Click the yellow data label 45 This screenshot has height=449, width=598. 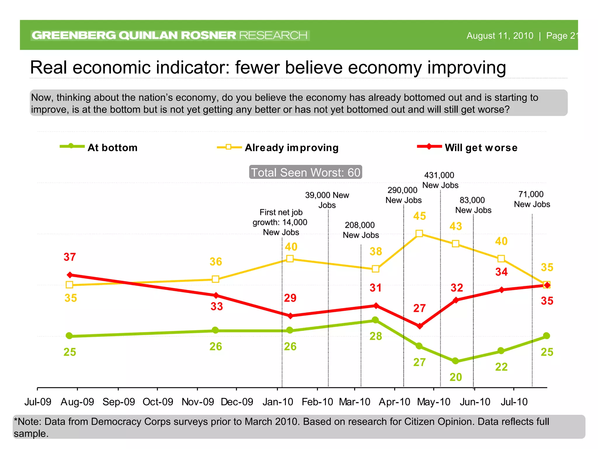click(419, 216)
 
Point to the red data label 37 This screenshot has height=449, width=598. click(69, 257)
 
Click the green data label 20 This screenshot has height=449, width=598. click(456, 377)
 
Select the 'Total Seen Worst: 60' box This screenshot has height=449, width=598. click(305, 172)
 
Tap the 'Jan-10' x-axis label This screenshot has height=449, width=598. click(278, 402)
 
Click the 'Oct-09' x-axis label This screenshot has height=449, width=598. click(158, 402)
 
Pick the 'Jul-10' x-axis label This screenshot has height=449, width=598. click(514, 402)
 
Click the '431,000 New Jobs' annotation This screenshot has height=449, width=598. click(440, 180)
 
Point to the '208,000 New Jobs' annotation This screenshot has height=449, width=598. click(361, 230)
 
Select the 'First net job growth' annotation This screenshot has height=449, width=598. click(280, 222)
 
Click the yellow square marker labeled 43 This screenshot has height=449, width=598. click(455, 244)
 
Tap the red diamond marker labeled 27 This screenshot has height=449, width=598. click(420, 326)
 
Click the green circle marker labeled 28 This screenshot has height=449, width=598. click(376, 320)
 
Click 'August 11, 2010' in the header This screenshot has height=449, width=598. click(500, 36)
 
